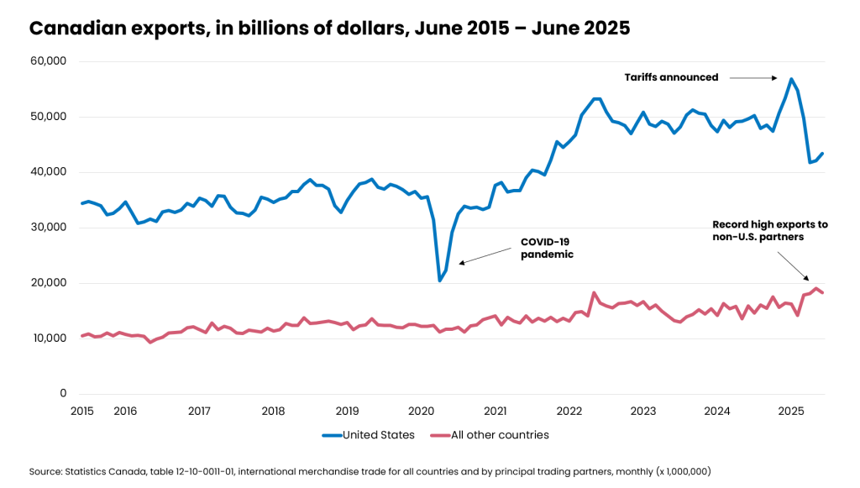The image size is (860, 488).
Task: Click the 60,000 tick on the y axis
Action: point(49,61)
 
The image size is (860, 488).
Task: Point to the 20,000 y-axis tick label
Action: point(49,283)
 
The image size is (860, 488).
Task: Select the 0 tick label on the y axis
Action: point(63,393)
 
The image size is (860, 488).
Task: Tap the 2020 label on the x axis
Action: point(421,411)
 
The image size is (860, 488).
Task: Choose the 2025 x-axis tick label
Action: point(791,411)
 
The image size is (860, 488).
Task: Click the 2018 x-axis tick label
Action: point(273,411)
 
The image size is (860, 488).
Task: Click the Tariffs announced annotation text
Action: point(671,77)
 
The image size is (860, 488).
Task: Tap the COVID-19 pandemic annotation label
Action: point(547,248)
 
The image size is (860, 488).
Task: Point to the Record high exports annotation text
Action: point(769,231)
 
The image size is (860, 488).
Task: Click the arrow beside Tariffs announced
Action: point(752,78)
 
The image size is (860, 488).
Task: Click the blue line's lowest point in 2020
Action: point(439,281)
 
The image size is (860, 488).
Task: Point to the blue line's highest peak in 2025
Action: point(791,79)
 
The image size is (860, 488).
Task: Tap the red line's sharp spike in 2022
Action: point(594,293)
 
